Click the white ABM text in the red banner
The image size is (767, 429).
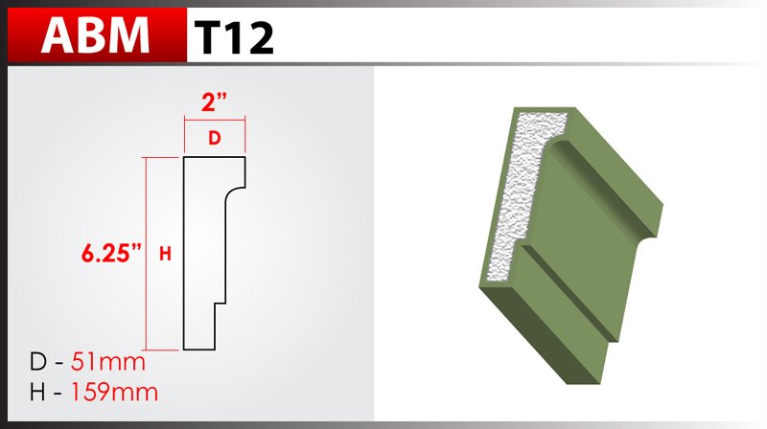coord(95,35)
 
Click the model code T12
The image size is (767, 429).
coord(233,37)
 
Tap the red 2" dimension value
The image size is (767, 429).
coord(214,102)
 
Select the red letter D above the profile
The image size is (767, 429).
coord(214,138)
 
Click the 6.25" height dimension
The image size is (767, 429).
coord(111,253)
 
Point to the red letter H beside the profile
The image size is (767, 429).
coord(165,254)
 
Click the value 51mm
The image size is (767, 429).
coord(108,362)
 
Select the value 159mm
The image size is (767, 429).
coord(114,392)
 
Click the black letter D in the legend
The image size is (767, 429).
coord(37,362)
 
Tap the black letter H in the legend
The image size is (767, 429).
coord(37,392)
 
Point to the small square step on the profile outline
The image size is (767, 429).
coord(221,304)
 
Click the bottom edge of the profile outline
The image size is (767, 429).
coord(199,350)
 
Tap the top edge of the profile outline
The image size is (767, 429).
coord(214,157)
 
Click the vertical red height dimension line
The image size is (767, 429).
coord(147,254)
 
